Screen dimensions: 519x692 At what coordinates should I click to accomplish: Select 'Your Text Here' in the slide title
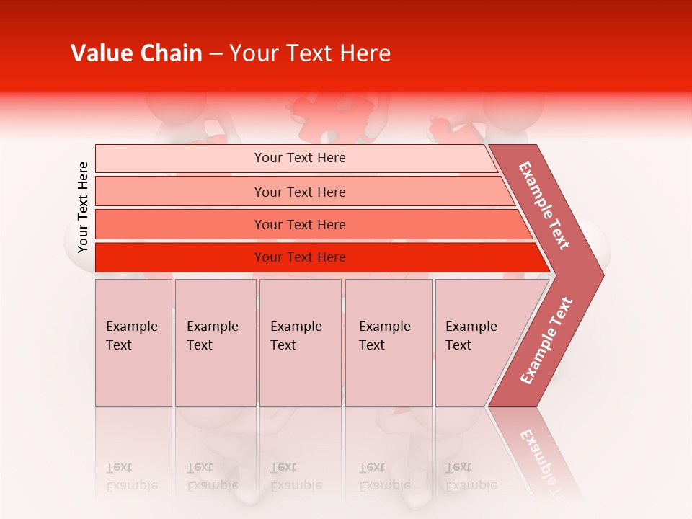[x=310, y=53]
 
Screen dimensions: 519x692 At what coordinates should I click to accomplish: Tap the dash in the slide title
[x=216, y=54]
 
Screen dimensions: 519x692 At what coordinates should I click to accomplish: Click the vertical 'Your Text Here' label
[x=83, y=207]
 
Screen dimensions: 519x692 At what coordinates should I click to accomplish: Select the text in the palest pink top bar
[x=300, y=158]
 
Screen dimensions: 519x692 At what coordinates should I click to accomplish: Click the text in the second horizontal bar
[x=300, y=192]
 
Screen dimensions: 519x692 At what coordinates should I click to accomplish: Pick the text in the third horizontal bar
[x=300, y=224]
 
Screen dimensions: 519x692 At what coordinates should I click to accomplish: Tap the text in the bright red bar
[x=300, y=257]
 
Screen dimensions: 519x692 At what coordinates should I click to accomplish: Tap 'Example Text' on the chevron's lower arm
[x=546, y=341]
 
